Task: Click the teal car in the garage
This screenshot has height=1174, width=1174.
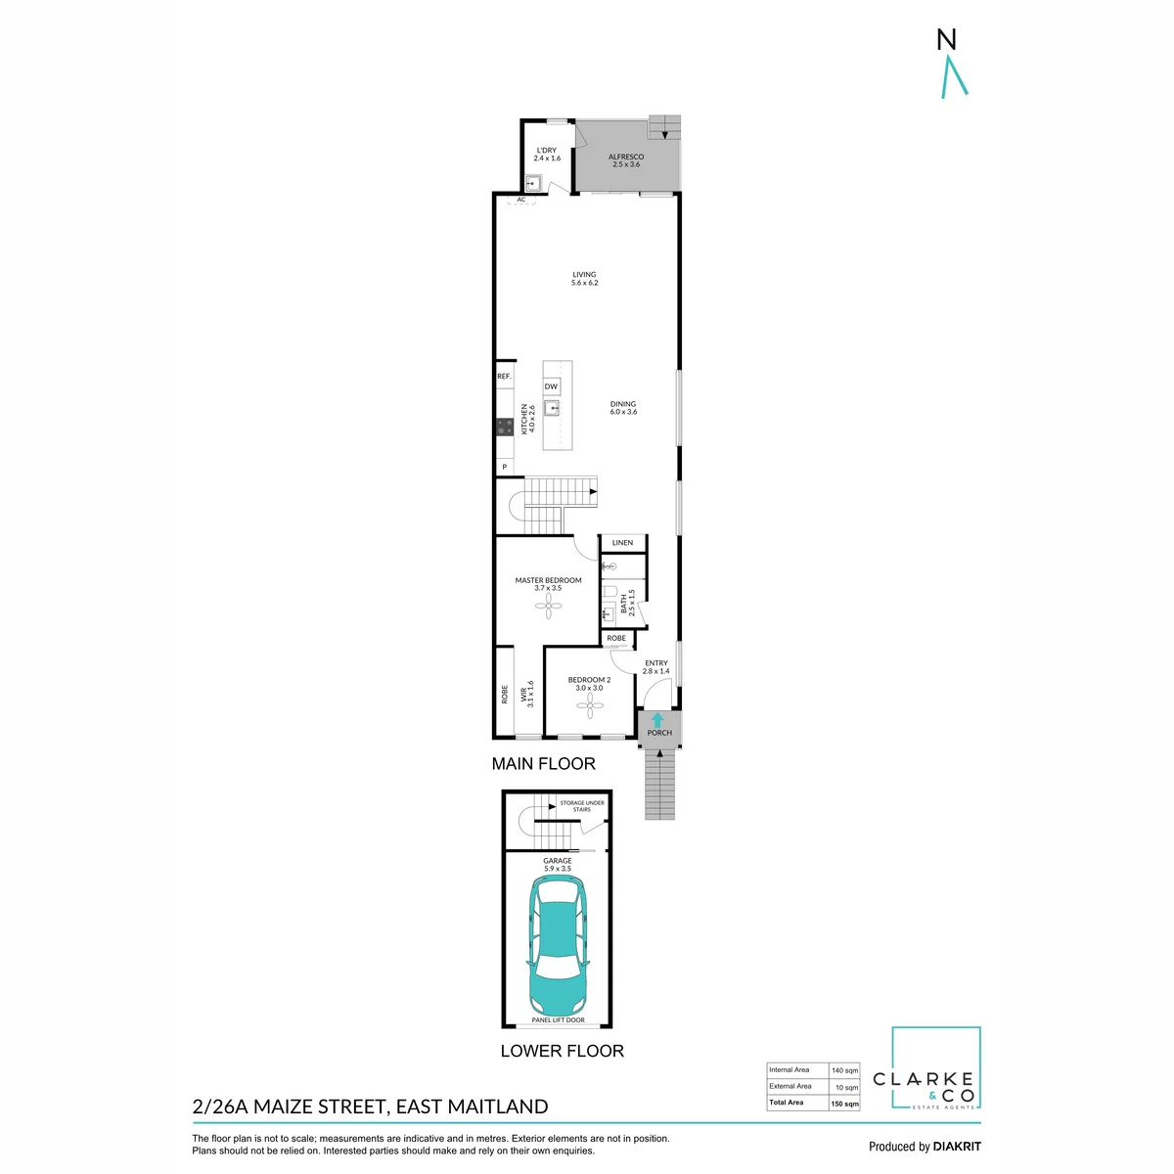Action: point(558,947)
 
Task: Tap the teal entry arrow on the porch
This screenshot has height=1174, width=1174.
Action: point(656,720)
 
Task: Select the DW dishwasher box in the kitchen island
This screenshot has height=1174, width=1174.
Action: point(551,386)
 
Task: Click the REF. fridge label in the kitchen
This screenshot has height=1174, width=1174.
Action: point(504,377)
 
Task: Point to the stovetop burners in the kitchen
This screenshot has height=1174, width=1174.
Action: point(505,427)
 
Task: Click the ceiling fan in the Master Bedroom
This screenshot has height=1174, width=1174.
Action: point(548,606)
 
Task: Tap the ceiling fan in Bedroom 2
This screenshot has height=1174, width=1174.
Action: point(590,705)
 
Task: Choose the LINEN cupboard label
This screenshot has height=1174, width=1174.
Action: point(622,542)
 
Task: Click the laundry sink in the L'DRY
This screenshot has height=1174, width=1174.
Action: point(534,183)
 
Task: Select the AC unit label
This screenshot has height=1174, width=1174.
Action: point(520,200)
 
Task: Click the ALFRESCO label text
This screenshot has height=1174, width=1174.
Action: point(626,157)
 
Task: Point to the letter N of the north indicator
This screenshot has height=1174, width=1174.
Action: point(946,39)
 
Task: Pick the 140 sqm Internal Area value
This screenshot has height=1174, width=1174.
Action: point(844,1070)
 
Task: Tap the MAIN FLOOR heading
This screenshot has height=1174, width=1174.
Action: point(543,763)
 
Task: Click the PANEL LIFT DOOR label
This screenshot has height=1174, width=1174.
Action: point(558,1019)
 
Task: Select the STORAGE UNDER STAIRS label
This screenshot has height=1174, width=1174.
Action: point(582,806)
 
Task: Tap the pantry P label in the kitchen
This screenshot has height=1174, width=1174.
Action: point(505,467)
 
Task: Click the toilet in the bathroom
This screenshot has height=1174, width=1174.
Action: point(610,591)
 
